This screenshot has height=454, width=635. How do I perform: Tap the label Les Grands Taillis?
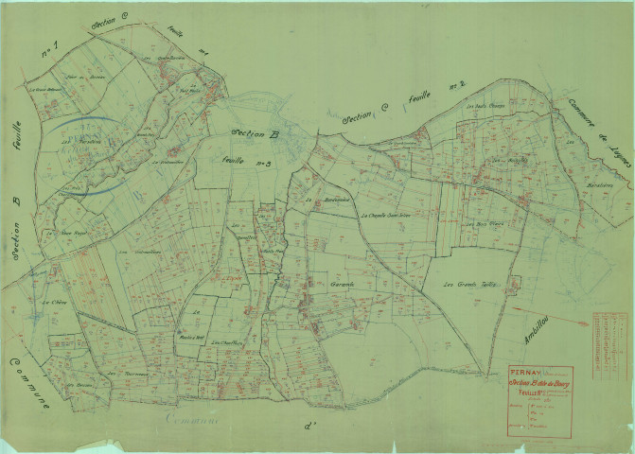[451, 284]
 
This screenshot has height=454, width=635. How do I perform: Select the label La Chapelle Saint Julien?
[389, 215]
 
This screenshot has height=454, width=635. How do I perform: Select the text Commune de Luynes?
[597, 132]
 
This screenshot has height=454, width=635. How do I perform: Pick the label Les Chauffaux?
[227, 342]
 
